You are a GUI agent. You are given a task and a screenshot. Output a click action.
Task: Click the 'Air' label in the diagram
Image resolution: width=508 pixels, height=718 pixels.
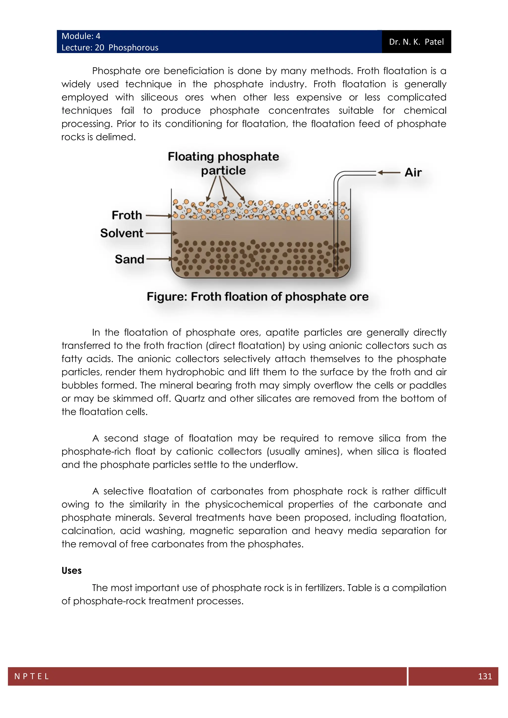(413, 173)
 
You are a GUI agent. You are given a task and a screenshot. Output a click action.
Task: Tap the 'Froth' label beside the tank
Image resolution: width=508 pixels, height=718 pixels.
(127, 215)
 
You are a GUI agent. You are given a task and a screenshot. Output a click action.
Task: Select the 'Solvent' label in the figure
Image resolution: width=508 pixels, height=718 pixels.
(122, 233)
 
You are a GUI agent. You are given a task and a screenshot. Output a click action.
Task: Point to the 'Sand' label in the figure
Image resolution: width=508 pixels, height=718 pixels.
(129, 259)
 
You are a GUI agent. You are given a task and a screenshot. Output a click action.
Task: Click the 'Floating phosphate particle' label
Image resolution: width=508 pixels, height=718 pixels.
(223, 163)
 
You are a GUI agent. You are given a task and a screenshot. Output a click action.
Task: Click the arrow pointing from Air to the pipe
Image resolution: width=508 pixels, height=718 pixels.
(389, 173)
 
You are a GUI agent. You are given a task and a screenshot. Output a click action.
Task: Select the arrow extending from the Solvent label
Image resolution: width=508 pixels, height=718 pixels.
(161, 233)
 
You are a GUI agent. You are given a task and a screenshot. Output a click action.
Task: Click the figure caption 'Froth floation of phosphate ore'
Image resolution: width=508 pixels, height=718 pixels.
(258, 297)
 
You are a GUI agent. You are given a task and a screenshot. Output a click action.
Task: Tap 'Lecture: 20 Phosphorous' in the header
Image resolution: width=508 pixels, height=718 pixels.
(110, 48)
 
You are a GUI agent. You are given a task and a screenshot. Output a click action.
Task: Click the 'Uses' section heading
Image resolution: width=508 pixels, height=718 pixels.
(71, 571)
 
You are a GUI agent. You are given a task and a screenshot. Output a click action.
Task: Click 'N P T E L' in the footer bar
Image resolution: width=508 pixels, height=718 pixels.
(32, 676)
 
